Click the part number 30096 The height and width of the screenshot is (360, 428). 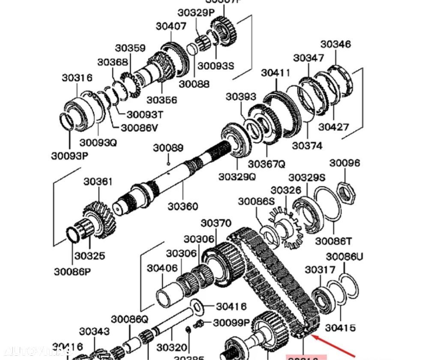click(x=344, y=163)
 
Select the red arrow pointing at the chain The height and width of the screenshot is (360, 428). click(x=334, y=347)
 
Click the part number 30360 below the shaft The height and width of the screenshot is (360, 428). click(x=183, y=206)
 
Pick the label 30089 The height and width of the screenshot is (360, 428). click(x=168, y=148)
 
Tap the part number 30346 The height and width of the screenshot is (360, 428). click(x=335, y=44)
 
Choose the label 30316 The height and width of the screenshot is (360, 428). click(x=77, y=78)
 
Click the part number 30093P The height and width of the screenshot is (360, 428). click(x=69, y=156)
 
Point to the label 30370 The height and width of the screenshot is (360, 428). click(x=216, y=223)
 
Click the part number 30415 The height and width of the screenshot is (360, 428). click(x=340, y=327)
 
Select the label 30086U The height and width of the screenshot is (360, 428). click(x=344, y=257)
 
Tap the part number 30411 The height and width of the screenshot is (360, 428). click(x=276, y=73)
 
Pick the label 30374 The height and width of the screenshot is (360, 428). click(x=307, y=146)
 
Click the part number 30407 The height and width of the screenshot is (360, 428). click(x=171, y=26)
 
